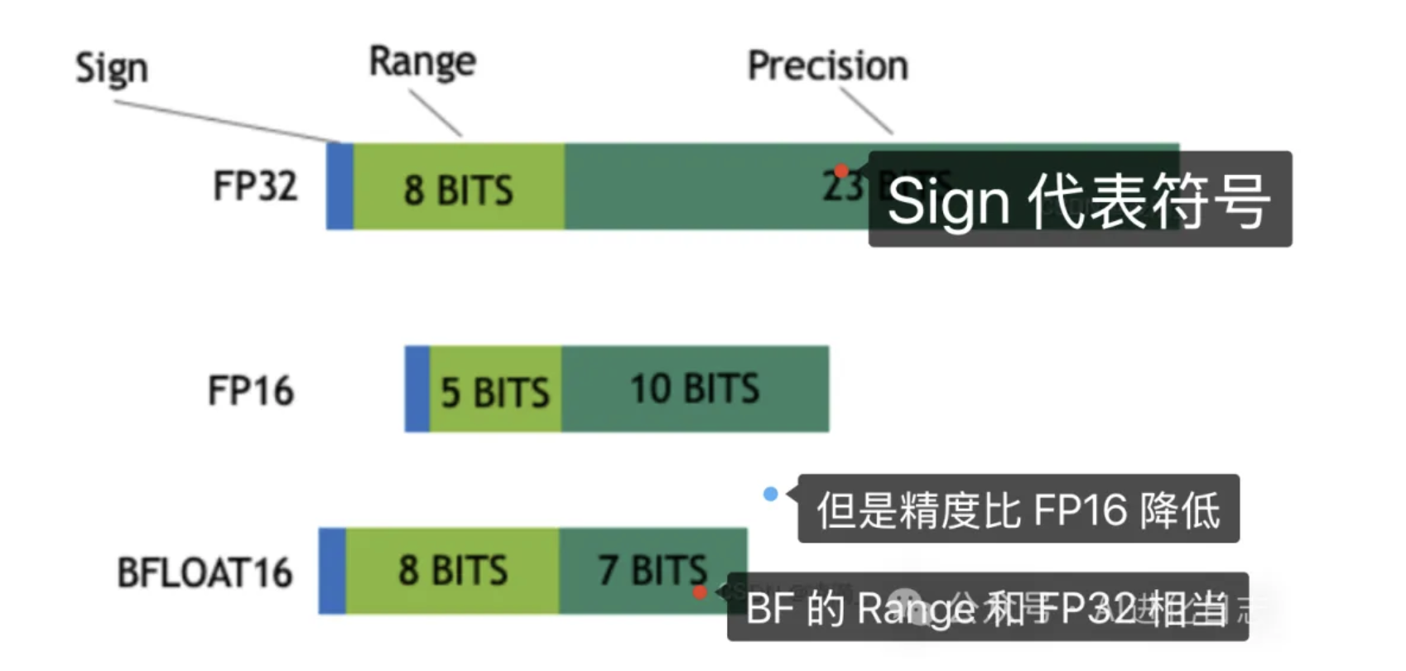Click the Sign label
(x=112, y=68)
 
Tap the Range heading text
(x=422, y=61)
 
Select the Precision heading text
(x=827, y=65)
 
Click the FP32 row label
(x=255, y=186)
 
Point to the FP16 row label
(x=251, y=390)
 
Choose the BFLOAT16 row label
(x=205, y=572)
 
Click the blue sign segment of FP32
(x=339, y=186)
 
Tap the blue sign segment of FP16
(x=417, y=389)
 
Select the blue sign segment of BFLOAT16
(x=332, y=571)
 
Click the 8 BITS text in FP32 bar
(x=459, y=190)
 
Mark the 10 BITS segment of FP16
(x=695, y=389)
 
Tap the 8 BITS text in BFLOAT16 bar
(x=452, y=571)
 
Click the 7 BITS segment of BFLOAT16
(x=652, y=571)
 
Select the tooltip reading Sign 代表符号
(x=1079, y=200)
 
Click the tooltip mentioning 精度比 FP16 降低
(x=1018, y=509)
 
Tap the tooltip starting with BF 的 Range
(x=987, y=607)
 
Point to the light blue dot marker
(x=770, y=495)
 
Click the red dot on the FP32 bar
(x=841, y=171)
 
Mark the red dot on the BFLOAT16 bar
(x=700, y=592)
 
